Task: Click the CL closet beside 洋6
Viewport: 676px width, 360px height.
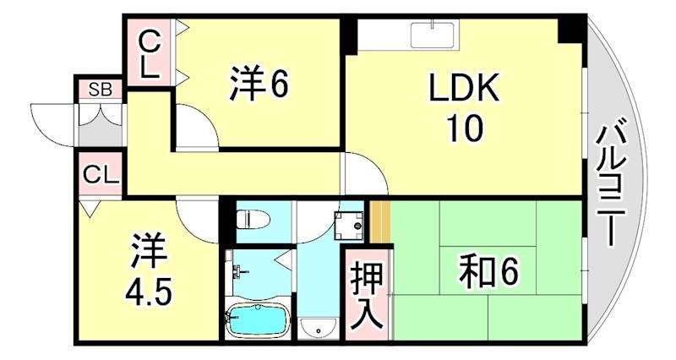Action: click(150, 52)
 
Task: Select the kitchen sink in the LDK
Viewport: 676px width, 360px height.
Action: click(433, 35)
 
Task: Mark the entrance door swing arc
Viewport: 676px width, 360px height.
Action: click(52, 118)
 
